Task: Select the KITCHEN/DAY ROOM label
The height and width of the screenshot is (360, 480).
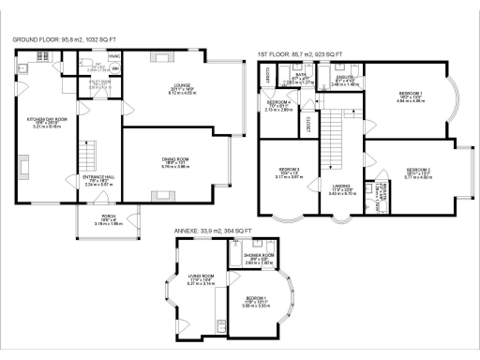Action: click(46, 119)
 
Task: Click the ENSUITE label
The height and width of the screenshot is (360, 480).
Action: click(346, 79)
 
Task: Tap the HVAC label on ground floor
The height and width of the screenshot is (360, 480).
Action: click(113, 56)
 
